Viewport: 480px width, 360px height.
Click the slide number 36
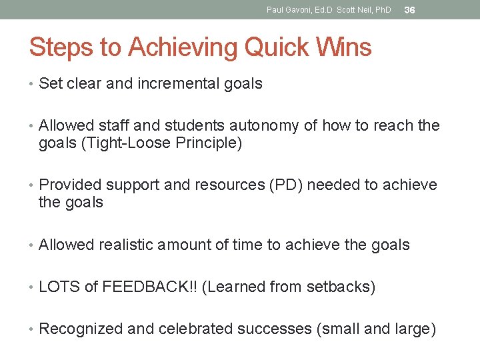coord(410,10)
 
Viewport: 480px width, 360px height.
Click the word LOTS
coord(60,287)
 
